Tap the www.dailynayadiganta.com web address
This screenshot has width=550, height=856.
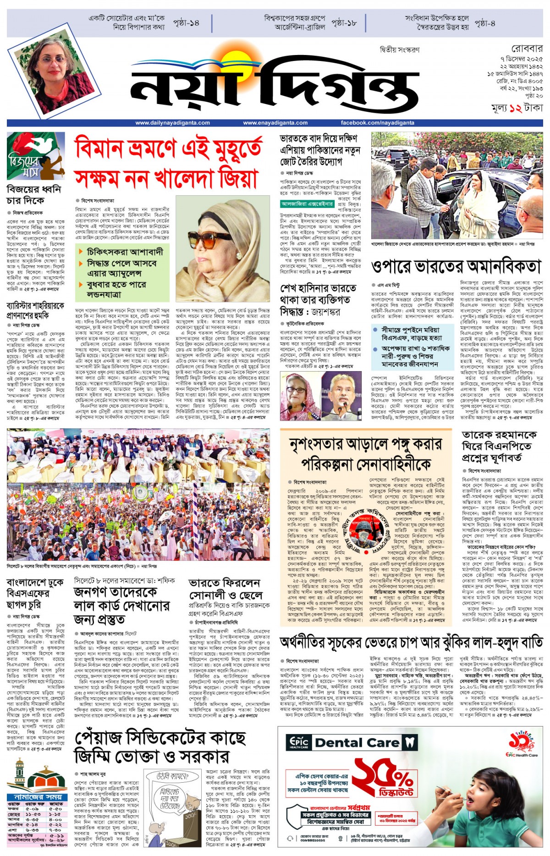point(173,123)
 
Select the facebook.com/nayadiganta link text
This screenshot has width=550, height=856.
point(377,123)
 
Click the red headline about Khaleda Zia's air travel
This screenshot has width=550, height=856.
point(169,163)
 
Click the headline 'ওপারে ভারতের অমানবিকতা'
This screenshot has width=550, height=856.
point(456,266)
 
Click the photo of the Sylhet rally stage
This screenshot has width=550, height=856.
point(138,494)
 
